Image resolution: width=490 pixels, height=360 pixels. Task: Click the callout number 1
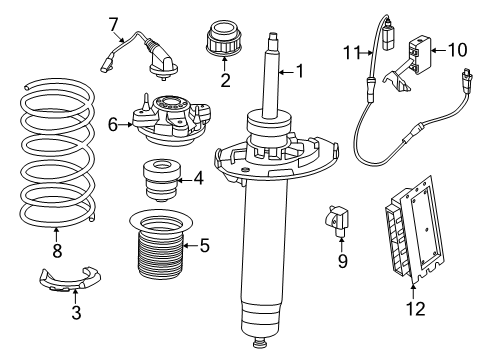pos(300,71)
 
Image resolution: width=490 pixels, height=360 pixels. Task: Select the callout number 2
pos(225,80)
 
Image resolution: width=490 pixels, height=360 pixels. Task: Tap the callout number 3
pos(76,313)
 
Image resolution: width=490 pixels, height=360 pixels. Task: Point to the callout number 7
pos(113,24)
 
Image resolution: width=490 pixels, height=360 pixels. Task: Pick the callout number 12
pos(416,309)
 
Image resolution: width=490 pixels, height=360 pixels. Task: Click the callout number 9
pos(343,261)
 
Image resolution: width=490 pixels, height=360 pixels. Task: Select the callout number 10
pos(458,50)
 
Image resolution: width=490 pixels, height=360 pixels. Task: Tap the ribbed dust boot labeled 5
pos(161,246)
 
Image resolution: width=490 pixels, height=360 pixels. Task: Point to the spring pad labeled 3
pos(70,280)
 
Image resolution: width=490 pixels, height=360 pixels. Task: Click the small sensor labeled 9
pos(337,220)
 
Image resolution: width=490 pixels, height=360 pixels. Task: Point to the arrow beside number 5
pos(190,246)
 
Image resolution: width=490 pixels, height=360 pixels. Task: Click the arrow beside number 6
pos(125,125)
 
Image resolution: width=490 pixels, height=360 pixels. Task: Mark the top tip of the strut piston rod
pos(273,33)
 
